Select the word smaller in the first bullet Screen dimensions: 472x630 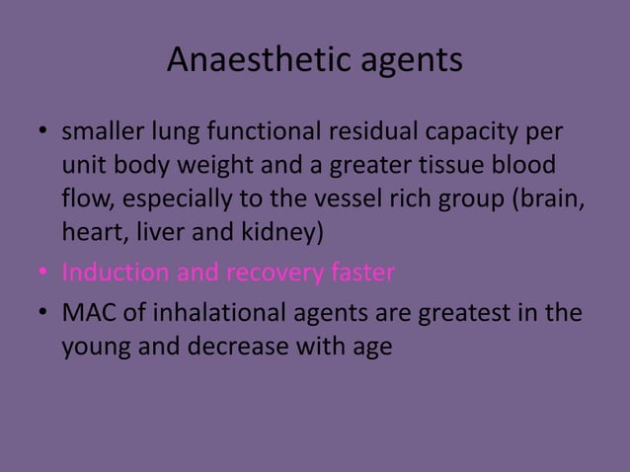point(103,131)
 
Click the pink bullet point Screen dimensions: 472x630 point(42,272)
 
